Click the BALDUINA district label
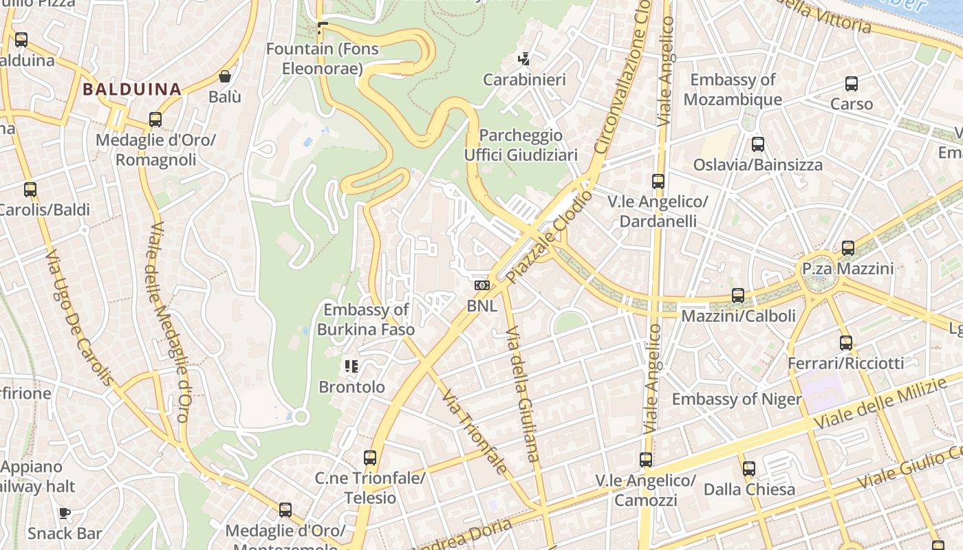click(x=132, y=89)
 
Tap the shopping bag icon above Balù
click(x=224, y=76)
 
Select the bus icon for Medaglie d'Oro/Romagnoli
click(x=155, y=120)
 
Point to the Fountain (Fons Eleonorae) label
click(x=322, y=58)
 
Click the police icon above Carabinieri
click(x=524, y=59)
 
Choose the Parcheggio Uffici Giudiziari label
click(x=521, y=145)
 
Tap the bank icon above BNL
click(x=482, y=285)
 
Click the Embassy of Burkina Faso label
click(x=366, y=320)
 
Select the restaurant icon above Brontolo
click(x=351, y=366)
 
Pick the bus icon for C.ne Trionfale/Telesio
click(x=370, y=457)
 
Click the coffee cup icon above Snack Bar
click(x=64, y=513)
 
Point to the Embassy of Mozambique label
click(x=733, y=90)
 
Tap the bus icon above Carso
click(x=852, y=84)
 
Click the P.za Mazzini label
click(x=847, y=268)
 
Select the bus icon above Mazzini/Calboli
click(x=738, y=296)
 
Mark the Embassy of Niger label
click(x=737, y=399)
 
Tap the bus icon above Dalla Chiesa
click(x=749, y=469)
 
